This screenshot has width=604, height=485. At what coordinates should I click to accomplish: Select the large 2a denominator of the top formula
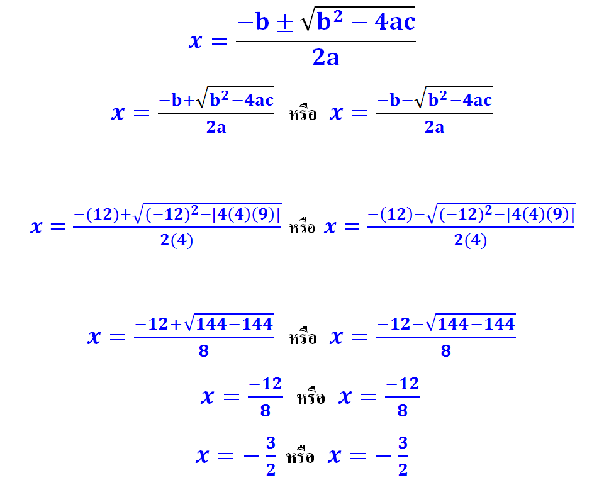pos(325,58)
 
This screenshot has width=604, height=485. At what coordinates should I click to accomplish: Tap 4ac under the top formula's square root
pos(394,23)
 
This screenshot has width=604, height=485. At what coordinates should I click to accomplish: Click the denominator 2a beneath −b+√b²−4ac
pos(216,127)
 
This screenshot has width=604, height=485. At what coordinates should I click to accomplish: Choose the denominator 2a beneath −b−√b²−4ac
pos(434,127)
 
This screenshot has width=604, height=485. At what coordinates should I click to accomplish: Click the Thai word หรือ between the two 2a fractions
pos(303,114)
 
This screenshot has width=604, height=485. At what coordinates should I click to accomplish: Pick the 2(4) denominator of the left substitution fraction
pos(177,241)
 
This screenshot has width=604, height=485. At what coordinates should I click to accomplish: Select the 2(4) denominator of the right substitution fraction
pos(471,241)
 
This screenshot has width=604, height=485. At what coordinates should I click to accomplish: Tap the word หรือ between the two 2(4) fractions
pos(302,228)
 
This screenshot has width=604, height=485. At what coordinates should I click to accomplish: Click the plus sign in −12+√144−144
pos(176,325)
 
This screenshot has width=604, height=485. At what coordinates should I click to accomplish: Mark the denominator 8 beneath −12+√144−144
pos(203,351)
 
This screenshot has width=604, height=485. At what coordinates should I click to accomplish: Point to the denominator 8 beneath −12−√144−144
pos(445,351)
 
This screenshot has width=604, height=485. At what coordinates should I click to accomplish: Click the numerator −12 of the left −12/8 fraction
pos(265,384)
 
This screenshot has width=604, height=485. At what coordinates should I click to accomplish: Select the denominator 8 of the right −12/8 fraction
pos(402,411)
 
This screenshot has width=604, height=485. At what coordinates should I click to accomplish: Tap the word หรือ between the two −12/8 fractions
pos(311,398)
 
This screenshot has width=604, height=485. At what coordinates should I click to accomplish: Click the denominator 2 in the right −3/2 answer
pos(403,469)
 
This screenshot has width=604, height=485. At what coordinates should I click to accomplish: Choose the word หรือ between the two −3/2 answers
pos(300,457)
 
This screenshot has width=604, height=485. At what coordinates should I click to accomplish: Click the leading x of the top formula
pos(196,42)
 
